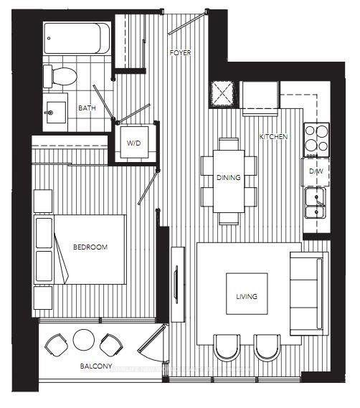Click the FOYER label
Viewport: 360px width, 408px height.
point(179,54)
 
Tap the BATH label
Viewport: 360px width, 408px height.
point(86,108)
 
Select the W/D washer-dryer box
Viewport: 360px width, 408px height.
point(135,143)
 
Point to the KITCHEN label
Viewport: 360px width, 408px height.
point(273,136)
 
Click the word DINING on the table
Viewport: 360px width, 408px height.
point(228,178)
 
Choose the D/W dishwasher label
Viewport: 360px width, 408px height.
point(314,172)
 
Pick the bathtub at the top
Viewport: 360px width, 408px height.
point(76,37)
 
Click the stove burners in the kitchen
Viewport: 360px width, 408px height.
point(316,139)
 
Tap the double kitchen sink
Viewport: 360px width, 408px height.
point(315,202)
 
